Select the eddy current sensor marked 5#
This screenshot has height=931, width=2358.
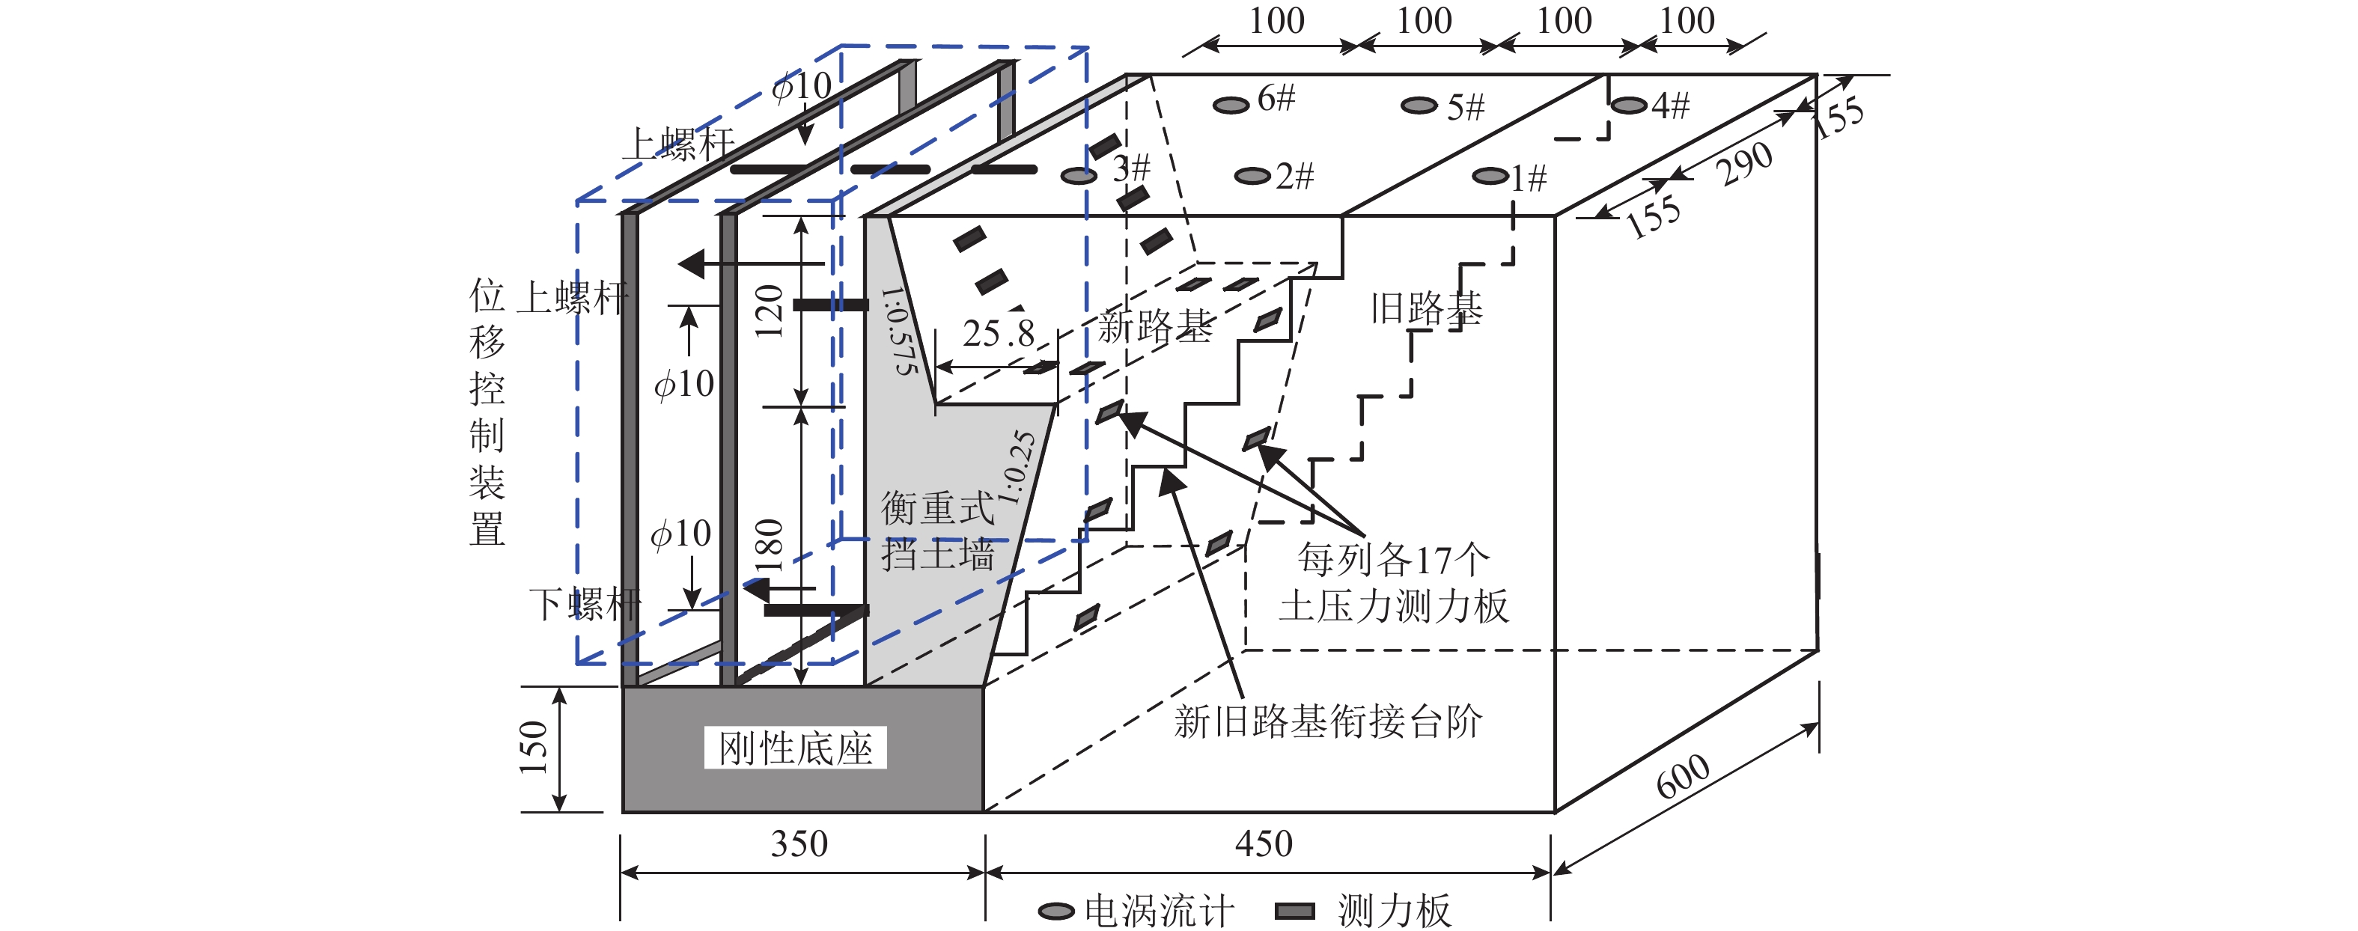click(1419, 106)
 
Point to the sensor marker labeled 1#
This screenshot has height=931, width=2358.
click(1490, 176)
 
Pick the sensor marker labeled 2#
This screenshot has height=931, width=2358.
click(1252, 176)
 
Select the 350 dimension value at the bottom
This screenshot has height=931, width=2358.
click(799, 844)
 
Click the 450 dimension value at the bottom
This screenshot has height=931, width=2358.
click(1264, 844)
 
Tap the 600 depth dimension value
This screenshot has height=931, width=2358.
click(1683, 776)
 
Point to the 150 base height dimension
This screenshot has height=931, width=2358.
click(534, 748)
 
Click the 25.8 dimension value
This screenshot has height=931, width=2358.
click(998, 334)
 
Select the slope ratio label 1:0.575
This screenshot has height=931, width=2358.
click(899, 329)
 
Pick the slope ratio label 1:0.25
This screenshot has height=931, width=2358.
click(1017, 468)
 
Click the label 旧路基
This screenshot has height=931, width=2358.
click(1425, 309)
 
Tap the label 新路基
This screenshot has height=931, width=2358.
click(1155, 326)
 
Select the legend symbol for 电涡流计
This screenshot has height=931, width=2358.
click(1056, 911)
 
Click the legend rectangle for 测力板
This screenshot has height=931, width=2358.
click(1294, 911)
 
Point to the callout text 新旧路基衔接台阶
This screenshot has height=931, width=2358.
click(1327, 721)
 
